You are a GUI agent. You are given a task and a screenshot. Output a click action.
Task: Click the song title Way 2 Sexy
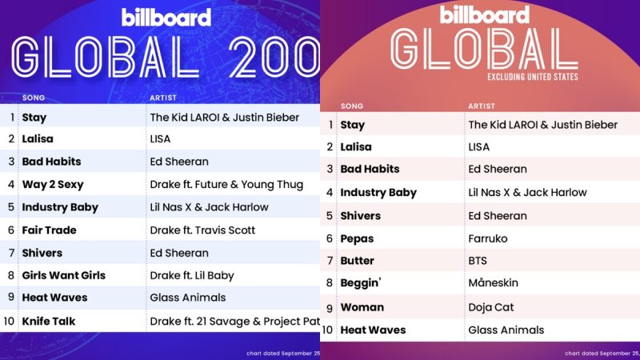click(x=53, y=185)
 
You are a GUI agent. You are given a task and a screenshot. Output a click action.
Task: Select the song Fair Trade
click(x=49, y=230)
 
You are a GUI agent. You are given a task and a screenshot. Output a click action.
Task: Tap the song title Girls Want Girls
click(x=64, y=275)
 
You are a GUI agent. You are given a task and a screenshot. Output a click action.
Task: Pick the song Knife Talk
click(x=49, y=322)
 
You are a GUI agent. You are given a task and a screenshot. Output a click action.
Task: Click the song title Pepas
click(x=357, y=238)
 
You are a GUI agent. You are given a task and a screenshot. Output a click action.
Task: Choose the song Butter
click(x=357, y=261)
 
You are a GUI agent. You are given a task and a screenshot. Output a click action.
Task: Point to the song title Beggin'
click(x=361, y=283)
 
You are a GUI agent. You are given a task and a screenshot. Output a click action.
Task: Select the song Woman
click(x=362, y=307)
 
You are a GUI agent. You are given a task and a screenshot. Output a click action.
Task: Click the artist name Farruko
click(x=488, y=238)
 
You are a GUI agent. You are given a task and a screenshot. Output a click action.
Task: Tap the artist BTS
click(x=478, y=261)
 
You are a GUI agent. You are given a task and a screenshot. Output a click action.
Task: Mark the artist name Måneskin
click(x=493, y=282)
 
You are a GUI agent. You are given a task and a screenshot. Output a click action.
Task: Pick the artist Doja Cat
click(x=490, y=307)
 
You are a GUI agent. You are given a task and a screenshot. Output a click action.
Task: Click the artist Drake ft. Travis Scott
click(x=202, y=230)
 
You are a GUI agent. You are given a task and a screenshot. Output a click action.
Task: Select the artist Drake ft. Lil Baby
click(x=192, y=275)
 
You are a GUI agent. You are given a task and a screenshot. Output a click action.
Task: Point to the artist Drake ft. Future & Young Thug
click(x=226, y=185)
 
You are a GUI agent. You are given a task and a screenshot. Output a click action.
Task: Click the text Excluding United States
click(x=532, y=77)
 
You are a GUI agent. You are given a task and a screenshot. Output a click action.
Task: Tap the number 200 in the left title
click(x=274, y=57)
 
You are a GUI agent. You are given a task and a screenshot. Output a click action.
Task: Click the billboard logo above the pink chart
click(x=485, y=14)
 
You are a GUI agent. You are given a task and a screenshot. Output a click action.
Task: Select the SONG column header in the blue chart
click(x=34, y=98)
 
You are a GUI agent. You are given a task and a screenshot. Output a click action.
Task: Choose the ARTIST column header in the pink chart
click(x=482, y=106)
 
